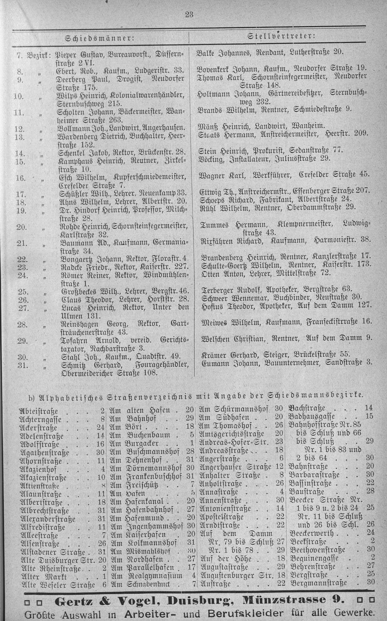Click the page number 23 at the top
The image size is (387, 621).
(x=189, y=14)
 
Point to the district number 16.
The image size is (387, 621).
(x=21, y=178)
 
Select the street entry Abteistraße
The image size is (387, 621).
(x=39, y=411)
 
